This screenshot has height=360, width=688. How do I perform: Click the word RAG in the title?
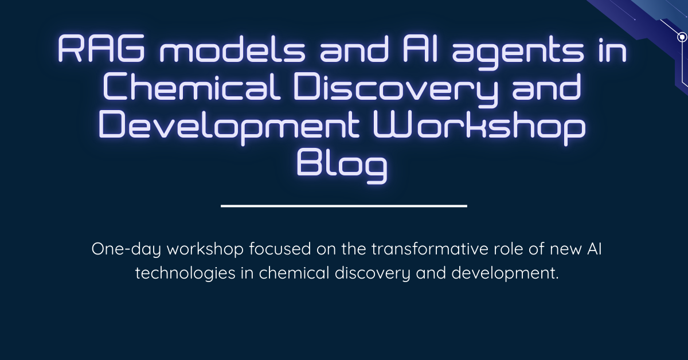(101, 49)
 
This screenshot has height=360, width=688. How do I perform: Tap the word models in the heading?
(233, 49)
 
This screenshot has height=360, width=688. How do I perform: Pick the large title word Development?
(229, 127)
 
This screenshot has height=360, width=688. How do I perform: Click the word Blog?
(342, 166)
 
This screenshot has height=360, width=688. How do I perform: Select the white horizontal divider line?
(344, 206)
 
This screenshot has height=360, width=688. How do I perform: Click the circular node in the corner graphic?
(682, 37)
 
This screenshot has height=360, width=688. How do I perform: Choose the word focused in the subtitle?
(280, 248)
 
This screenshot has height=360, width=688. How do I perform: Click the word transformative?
(429, 248)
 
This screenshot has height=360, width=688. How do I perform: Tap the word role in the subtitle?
(509, 248)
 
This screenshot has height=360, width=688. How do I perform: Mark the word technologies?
(185, 273)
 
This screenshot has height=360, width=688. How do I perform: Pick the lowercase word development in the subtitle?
(505, 273)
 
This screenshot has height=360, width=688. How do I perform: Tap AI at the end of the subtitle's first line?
(595, 249)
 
